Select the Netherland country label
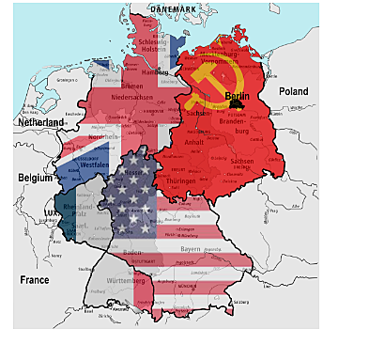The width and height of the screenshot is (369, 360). pos(38,122)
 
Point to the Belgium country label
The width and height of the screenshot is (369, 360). pos(35,177)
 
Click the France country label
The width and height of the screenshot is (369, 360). pos(36,279)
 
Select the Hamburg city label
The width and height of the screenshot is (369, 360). pos(155,72)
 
